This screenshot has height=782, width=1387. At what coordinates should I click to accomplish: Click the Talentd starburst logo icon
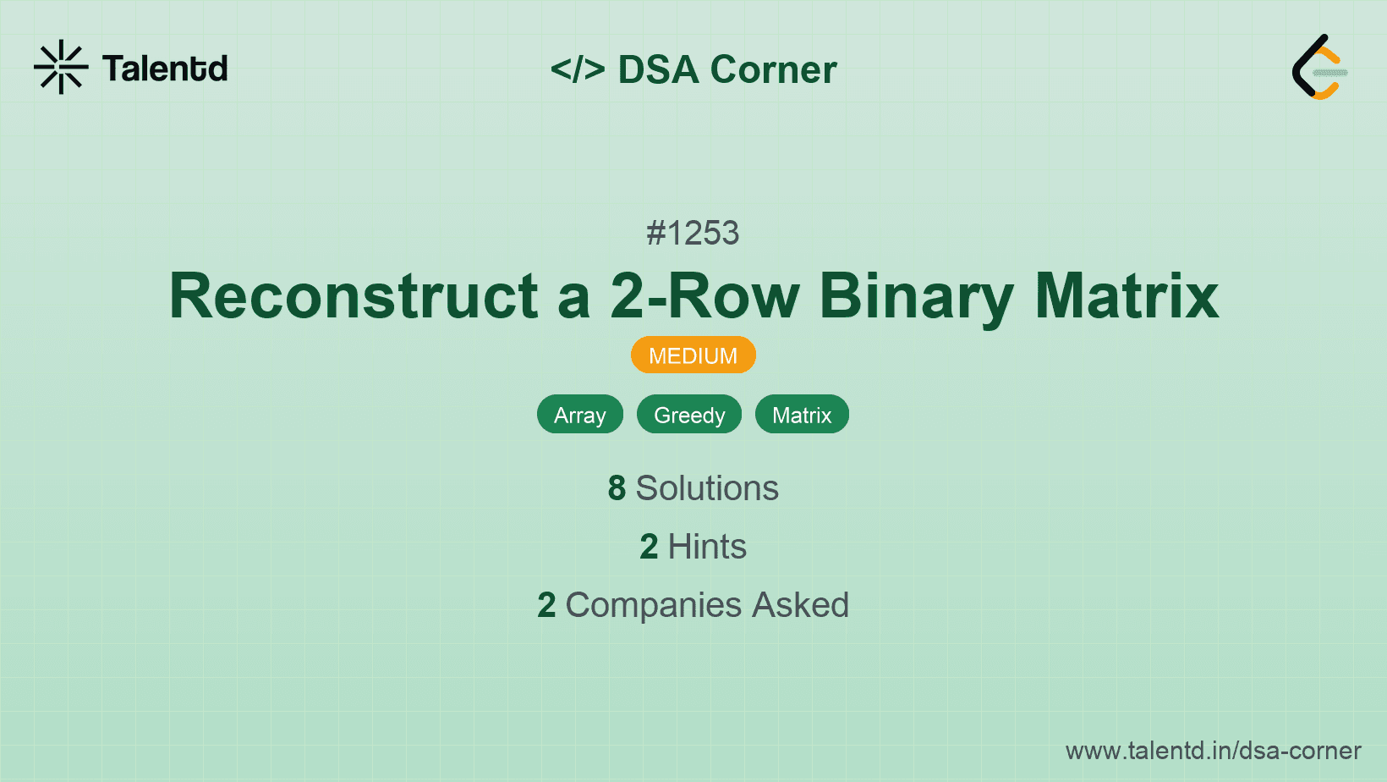pyautogui.click(x=61, y=67)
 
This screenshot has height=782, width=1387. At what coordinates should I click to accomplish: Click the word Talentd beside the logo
pyautogui.click(x=165, y=69)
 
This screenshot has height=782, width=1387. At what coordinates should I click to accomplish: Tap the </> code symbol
pyautogui.click(x=578, y=69)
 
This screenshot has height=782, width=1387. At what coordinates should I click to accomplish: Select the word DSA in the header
pyautogui.click(x=658, y=69)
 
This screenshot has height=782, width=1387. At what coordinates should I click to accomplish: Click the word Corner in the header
pyautogui.click(x=773, y=69)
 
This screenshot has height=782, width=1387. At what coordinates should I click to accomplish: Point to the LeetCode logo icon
pyautogui.click(x=1319, y=67)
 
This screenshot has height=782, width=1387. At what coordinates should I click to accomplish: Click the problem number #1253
pyautogui.click(x=693, y=233)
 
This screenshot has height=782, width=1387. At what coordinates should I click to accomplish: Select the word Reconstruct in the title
pyautogui.click(x=354, y=296)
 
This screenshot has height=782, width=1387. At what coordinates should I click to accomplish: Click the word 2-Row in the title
pyautogui.click(x=704, y=296)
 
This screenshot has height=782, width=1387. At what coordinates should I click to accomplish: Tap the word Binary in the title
pyautogui.click(x=916, y=296)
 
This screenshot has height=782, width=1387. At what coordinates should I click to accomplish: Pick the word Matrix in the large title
pyautogui.click(x=1127, y=296)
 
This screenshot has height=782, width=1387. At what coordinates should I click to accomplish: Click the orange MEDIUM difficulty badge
pyautogui.click(x=693, y=355)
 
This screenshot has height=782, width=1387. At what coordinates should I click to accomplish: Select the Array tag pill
pyautogui.click(x=580, y=415)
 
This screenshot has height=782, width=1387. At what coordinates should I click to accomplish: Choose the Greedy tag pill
pyautogui.click(x=689, y=415)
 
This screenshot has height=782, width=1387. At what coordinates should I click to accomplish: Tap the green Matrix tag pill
pyautogui.click(x=802, y=415)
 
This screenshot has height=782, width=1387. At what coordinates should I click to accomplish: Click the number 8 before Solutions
pyautogui.click(x=617, y=488)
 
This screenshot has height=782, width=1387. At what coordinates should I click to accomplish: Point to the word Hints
pyautogui.click(x=707, y=547)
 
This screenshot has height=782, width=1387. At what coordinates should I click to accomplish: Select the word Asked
pyautogui.click(x=800, y=605)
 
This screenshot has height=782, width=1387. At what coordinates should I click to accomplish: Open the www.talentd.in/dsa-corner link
pyautogui.click(x=1213, y=751)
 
